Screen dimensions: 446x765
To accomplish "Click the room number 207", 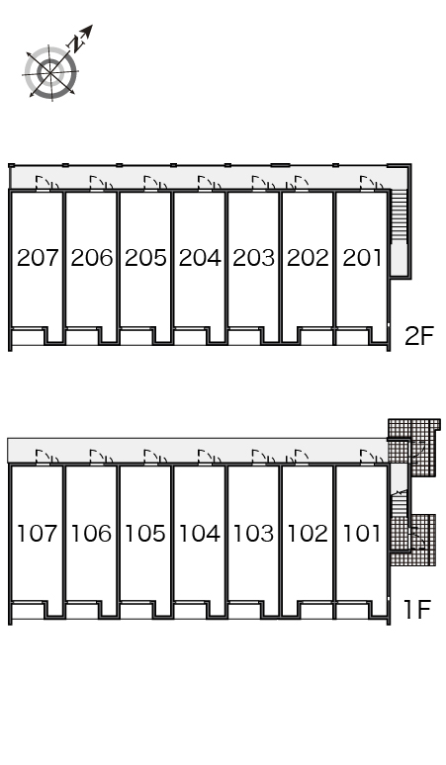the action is (38, 258).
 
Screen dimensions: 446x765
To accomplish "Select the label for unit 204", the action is (200, 258).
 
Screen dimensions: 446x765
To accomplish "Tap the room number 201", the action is (362, 258).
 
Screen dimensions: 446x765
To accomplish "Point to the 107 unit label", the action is (38, 534).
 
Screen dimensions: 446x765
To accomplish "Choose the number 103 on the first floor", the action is (253, 534).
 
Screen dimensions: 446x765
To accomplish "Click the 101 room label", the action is (362, 534).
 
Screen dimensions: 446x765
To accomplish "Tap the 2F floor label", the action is (419, 336).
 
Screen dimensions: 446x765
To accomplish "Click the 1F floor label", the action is (418, 609).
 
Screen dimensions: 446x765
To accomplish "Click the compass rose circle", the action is (50, 73).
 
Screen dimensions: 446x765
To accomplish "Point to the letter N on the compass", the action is (76, 43).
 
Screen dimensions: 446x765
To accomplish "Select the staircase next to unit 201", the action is (400, 215).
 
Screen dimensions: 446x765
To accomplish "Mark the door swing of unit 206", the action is (102, 183).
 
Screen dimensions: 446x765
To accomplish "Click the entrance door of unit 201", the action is (372, 183).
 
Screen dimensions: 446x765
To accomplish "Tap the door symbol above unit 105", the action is (155, 457).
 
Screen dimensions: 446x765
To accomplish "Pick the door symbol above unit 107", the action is (47, 457).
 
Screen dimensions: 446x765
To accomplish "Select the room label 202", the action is (308, 258).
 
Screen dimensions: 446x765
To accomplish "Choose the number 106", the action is (92, 534).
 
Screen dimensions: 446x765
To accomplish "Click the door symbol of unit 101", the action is (372, 457).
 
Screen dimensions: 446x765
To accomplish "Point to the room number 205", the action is (145, 258).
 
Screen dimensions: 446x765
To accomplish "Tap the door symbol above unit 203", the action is (263, 183).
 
